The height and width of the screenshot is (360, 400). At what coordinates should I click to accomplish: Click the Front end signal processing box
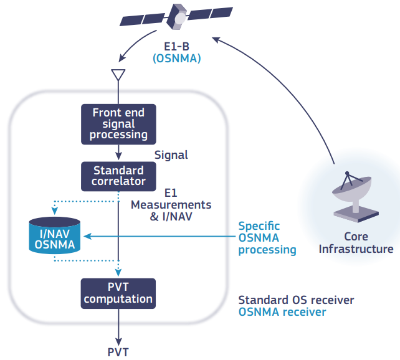pyautogui.click(x=118, y=124)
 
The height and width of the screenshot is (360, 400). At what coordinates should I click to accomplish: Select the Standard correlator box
pyautogui.click(x=118, y=176)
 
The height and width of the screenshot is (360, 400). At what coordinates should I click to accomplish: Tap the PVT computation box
pyautogui.click(x=118, y=293)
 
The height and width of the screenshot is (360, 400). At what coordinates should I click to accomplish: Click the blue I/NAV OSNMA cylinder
pyautogui.click(x=55, y=235)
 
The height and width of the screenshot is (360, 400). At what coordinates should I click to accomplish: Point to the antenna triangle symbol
pyautogui.click(x=118, y=75)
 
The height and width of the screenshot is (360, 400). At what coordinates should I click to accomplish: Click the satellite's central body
pyautogui.click(x=176, y=17)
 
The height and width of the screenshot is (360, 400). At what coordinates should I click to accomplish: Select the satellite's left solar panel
pyautogui.click(x=142, y=20)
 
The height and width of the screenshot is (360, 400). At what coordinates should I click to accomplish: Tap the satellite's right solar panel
pyautogui.click(x=210, y=12)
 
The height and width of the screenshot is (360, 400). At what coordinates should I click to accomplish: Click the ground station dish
pyautogui.click(x=355, y=196)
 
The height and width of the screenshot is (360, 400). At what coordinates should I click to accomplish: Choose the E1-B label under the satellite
pyautogui.click(x=176, y=47)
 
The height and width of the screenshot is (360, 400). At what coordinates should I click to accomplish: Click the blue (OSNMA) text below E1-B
pyautogui.click(x=177, y=59)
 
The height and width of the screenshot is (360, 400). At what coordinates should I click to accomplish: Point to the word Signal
pyautogui.click(x=171, y=155)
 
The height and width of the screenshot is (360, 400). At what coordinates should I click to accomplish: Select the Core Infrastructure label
pyautogui.click(x=356, y=243)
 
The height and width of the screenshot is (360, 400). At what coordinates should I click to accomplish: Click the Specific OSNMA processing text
pyautogui.click(x=267, y=238)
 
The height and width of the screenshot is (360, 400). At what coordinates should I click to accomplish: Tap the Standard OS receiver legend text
pyautogui.click(x=296, y=300)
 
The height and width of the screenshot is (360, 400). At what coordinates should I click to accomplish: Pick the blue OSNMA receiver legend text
pyautogui.click(x=282, y=312)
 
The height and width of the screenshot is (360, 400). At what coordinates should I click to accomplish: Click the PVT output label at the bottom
pyautogui.click(x=118, y=353)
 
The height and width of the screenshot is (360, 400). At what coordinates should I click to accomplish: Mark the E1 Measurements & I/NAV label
pyautogui.click(x=171, y=205)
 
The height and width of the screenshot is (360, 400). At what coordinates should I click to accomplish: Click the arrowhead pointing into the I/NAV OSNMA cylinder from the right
pyautogui.click(x=87, y=236)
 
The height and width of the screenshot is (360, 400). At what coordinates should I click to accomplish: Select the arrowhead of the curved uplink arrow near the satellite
pyautogui.click(x=216, y=40)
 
